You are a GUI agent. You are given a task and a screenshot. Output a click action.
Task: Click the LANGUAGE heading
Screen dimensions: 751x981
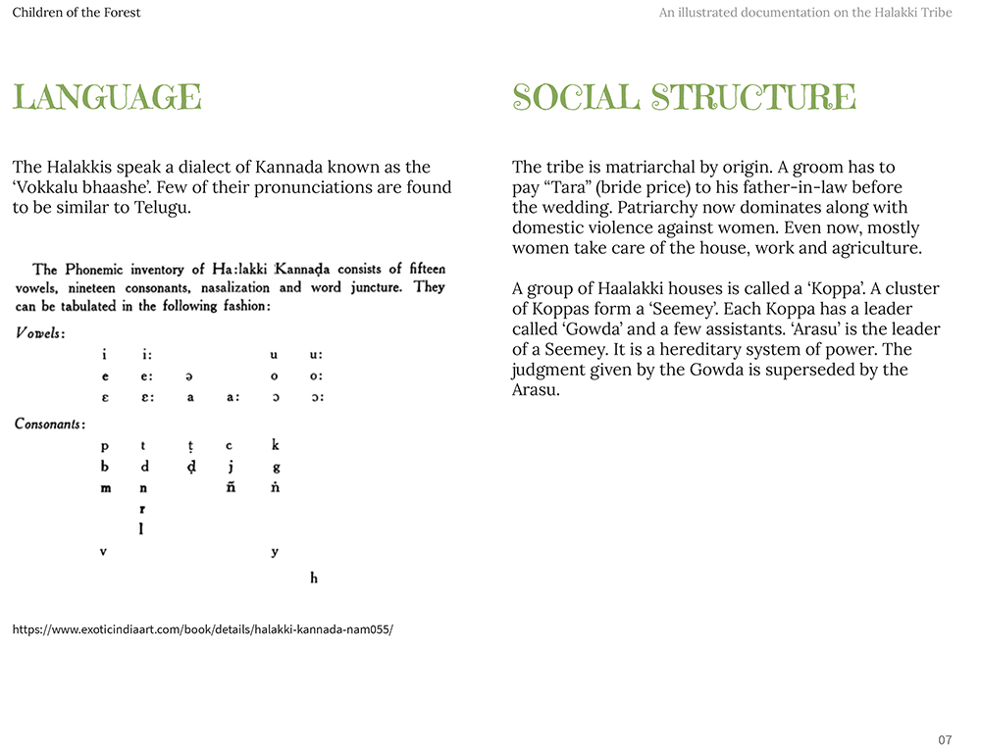107,98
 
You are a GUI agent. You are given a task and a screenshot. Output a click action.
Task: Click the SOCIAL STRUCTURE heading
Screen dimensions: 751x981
684,98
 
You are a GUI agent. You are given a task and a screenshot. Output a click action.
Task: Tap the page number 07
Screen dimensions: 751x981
945,739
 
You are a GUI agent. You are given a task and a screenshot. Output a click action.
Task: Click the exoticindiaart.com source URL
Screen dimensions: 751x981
203,629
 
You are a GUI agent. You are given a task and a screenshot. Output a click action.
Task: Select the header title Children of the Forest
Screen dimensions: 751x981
77,13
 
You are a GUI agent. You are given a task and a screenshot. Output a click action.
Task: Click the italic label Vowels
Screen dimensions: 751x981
40,333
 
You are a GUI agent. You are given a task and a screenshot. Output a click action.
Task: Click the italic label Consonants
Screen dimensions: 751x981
50,424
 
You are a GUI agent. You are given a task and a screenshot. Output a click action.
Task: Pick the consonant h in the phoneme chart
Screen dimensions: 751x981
314,578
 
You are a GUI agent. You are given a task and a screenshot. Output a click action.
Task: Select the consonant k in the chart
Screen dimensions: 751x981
276,445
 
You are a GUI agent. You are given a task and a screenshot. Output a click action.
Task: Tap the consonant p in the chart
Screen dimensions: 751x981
105,446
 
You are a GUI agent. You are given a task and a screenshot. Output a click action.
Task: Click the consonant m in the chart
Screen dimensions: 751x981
106,488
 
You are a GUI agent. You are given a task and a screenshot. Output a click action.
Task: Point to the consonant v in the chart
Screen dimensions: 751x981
103,552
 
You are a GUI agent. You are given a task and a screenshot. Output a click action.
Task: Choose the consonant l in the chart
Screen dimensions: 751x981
141,529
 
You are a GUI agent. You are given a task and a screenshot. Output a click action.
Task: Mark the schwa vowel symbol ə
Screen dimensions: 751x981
189,375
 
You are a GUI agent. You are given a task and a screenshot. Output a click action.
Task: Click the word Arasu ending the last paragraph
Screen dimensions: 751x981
536,390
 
